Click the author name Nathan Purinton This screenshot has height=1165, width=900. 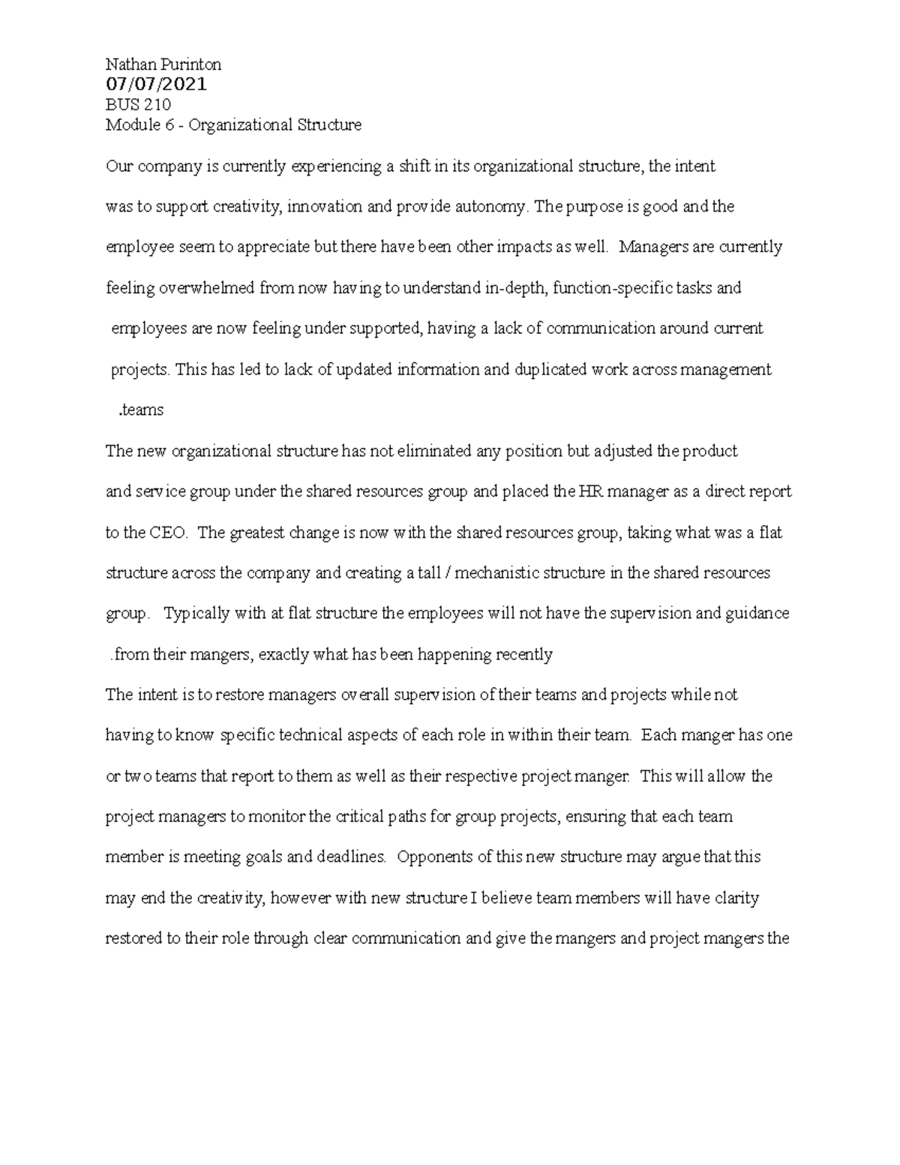click(163, 65)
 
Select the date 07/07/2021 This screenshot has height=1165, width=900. click(157, 84)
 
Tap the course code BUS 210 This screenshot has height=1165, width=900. click(138, 104)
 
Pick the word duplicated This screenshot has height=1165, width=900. click(550, 369)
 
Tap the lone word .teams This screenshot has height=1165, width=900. click(141, 410)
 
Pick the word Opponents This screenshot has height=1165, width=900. click(433, 857)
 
